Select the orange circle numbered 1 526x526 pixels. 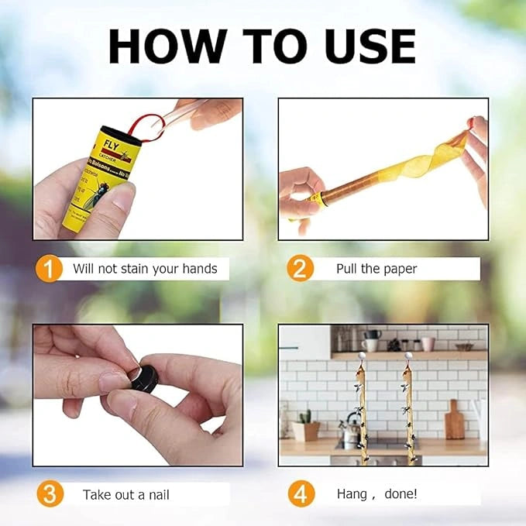(50, 269)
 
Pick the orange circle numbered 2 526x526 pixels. (300, 269)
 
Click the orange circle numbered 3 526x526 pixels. (50, 493)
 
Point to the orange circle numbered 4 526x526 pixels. (300, 493)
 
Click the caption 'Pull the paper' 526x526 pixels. (376, 269)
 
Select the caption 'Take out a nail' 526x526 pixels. (126, 494)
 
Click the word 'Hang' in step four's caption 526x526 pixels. (352, 493)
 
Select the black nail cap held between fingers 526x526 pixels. (143, 378)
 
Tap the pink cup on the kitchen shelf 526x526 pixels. (428, 343)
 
